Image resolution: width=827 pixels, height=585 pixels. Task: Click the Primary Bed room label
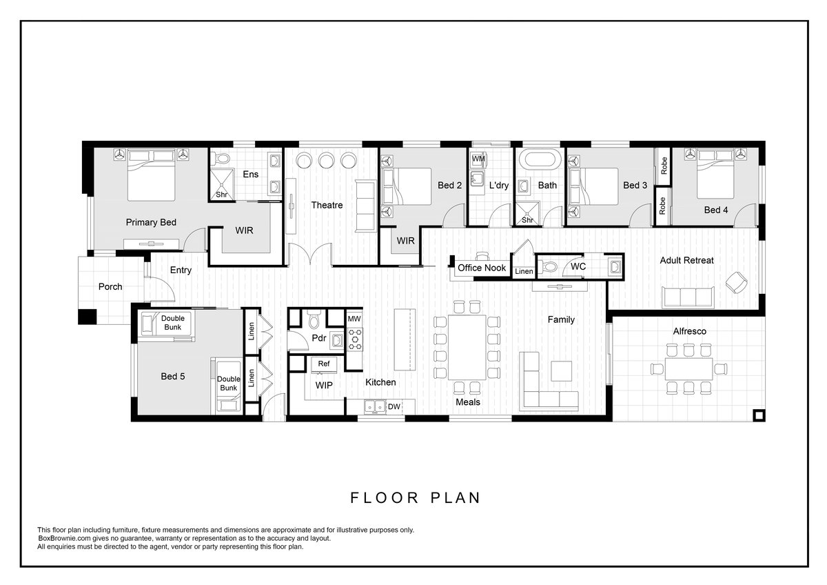tap(151, 222)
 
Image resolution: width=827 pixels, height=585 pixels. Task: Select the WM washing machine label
tap(478, 159)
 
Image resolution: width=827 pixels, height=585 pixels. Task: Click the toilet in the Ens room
tap(222, 159)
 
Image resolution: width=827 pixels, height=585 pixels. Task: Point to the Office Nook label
tap(482, 268)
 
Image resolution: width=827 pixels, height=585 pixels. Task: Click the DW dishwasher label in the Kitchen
tap(394, 406)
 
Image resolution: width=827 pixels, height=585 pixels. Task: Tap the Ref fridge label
tap(324, 364)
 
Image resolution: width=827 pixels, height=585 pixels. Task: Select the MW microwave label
tap(354, 319)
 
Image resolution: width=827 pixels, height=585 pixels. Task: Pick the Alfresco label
tap(689, 331)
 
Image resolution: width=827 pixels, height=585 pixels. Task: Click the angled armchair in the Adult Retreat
tap(737, 282)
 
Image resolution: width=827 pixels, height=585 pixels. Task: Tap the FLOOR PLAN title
tap(416, 498)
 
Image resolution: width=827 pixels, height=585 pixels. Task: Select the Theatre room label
tap(327, 205)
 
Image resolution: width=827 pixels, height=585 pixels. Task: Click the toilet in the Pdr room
tap(314, 319)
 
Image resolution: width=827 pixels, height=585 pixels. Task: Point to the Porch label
tap(110, 286)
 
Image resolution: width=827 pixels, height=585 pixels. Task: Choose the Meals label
tap(468, 401)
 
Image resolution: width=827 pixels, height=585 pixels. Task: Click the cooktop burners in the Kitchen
tap(355, 339)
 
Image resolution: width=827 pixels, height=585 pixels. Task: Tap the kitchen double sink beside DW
tap(375, 406)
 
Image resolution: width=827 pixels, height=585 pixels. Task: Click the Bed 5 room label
tap(173, 376)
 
